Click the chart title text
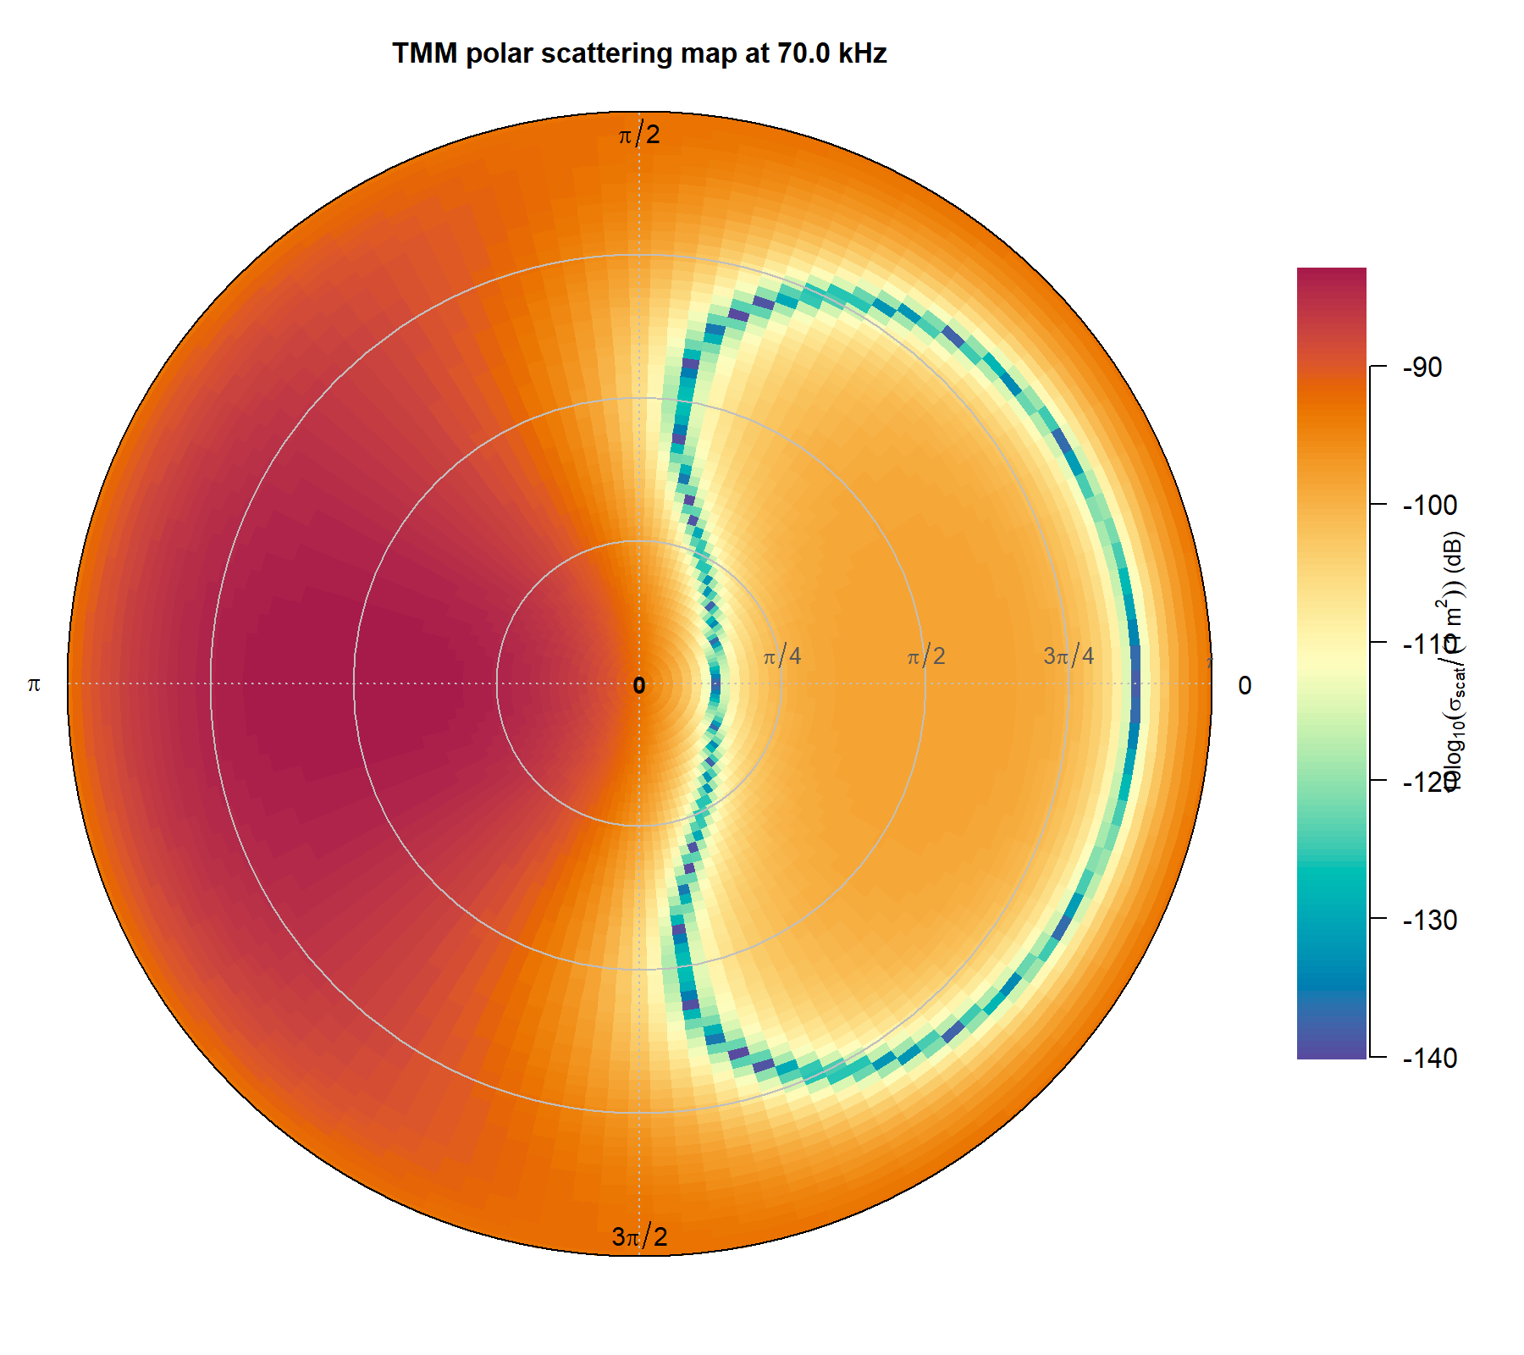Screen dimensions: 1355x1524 [639, 53]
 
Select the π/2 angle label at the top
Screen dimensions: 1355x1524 [639, 135]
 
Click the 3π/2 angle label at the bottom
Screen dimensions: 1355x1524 [639, 1237]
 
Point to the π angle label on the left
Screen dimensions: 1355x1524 [34, 684]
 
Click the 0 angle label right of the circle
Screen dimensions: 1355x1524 [1244, 686]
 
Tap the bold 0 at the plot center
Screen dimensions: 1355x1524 [639, 686]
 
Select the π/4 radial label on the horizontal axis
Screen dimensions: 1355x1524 [781, 655]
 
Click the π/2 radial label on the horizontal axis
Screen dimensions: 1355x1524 [925, 655]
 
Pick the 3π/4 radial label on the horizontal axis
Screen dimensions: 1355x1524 [1068, 655]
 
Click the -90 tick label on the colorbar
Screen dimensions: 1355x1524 [1422, 368]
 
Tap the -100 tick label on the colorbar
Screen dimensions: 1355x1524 [1430, 506]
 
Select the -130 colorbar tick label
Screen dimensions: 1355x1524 [1430, 920]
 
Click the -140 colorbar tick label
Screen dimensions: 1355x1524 [1430, 1058]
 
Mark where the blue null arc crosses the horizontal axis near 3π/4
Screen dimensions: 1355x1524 [1135, 683]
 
